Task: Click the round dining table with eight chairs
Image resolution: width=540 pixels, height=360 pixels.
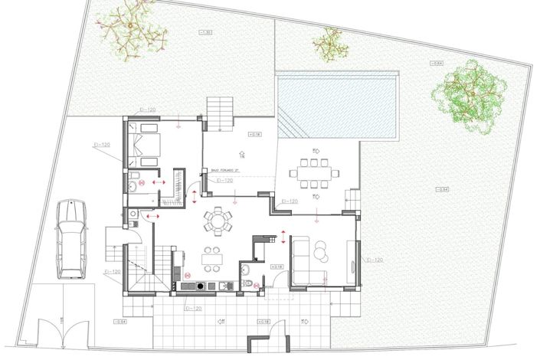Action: pyautogui.click(x=218, y=223)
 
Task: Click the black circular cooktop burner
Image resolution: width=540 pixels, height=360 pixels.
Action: pyautogui.click(x=201, y=286)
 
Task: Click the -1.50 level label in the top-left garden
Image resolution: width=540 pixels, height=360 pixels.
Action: pyautogui.click(x=205, y=32)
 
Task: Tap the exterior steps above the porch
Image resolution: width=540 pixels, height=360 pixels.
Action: pyautogui.click(x=221, y=113)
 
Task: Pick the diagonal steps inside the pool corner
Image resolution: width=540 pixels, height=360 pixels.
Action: pyautogui.click(x=290, y=123)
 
